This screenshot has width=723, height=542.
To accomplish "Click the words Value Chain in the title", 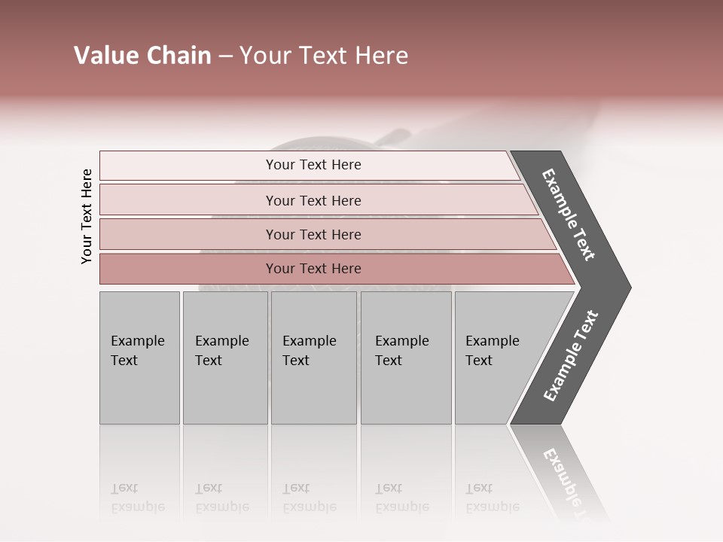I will [x=142, y=56].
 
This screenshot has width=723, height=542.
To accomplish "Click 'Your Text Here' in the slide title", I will [x=324, y=56].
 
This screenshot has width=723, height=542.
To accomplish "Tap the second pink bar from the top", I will [x=313, y=200].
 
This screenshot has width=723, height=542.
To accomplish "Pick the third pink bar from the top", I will [x=313, y=234].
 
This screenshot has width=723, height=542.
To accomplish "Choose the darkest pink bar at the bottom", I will [x=313, y=269].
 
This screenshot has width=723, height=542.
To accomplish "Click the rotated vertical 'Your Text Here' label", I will [x=87, y=216].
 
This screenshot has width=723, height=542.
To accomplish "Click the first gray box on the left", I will [x=139, y=358].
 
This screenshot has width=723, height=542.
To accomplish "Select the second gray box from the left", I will [x=224, y=358].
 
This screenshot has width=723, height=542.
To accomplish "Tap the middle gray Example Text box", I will [x=313, y=358].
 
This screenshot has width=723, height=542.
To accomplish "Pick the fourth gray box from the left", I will [x=406, y=358].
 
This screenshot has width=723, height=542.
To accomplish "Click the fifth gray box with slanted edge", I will [x=497, y=358].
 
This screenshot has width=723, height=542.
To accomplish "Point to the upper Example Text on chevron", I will [x=569, y=215].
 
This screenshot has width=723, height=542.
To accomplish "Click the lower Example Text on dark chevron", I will [x=571, y=355].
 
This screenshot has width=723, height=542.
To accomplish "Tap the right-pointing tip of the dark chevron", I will [x=627, y=287].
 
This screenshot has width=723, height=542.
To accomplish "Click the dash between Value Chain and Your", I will [x=225, y=56].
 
